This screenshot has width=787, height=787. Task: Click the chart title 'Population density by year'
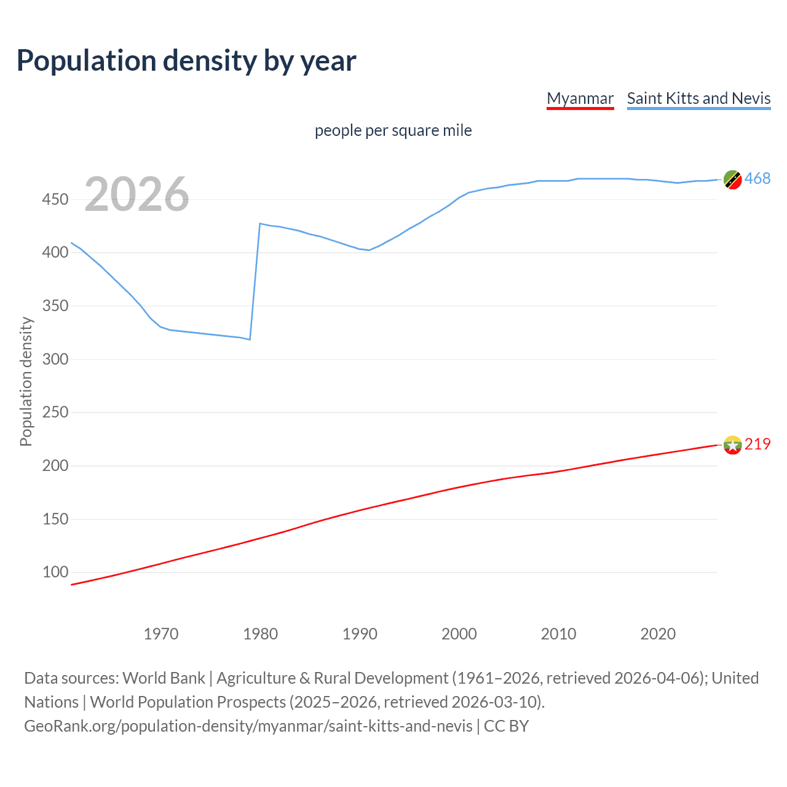click(x=186, y=61)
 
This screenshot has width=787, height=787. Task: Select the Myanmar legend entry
click(x=580, y=98)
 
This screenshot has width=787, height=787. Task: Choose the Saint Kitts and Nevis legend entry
click(x=698, y=98)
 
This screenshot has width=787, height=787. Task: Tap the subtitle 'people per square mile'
click(x=393, y=130)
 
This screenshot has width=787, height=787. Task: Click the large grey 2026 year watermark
click(x=136, y=194)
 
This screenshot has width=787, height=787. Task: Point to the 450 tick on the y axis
click(x=55, y=199)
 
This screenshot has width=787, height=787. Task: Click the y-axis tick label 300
click(x=55, y=359)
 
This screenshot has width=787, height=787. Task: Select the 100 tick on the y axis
click(x=55, y=572)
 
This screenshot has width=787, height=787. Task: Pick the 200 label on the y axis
click(x=55, y=465)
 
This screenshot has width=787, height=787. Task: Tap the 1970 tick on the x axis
click(x=161, y=634)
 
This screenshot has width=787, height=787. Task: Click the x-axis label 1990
click(x=360, y=634)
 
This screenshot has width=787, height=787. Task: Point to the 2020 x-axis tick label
click(x=658, y=634)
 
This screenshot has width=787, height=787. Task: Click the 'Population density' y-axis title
click(x=26, y=381)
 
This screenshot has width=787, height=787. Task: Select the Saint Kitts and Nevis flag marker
click(x=732, y=180)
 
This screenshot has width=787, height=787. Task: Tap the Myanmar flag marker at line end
click(x=732, y=445)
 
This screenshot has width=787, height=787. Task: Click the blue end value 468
click(x=757, y=179)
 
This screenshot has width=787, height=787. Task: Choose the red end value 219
click(x=757, y=444)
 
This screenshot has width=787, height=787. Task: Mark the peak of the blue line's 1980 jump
click(x=260, y=224)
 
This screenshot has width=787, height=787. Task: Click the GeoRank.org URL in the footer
click(x=248, y=726)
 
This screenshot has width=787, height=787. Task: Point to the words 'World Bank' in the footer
click(x=164, y=678)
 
